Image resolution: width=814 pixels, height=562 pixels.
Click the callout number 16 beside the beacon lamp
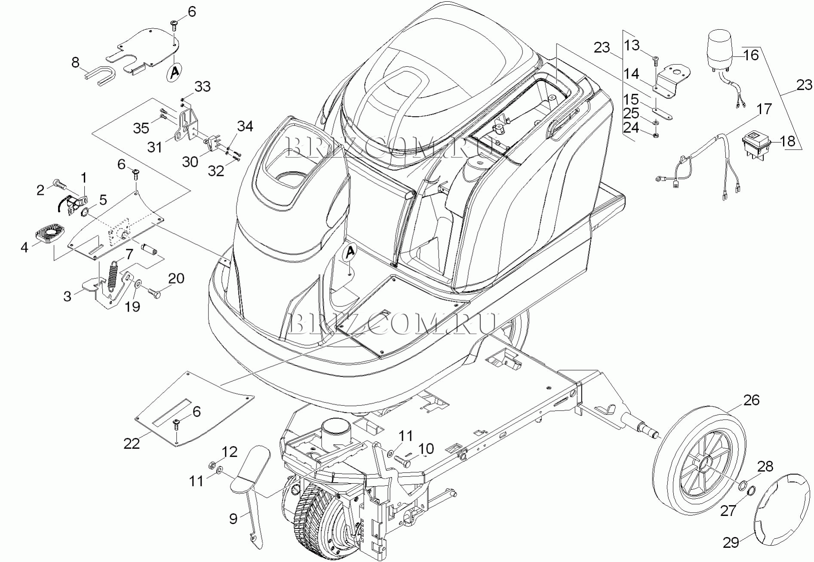pyautogui.click(x=751, y=55)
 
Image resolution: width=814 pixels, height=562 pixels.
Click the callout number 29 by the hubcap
pyautogui.click(x=731, y=543)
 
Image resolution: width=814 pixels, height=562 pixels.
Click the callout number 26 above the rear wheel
pyautogui.click(x=751, y=400)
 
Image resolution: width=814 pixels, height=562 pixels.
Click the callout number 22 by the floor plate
pyautogui.click(x=132, y=443)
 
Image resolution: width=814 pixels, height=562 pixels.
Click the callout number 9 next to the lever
pyautogui.click(x=233, y=519)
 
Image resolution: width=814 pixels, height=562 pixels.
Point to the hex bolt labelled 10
pyautogui.click(x=402, y=462)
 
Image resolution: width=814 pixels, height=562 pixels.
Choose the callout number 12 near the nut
pyautogui.click(x=230, y=452)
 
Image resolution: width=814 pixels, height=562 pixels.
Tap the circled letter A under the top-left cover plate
pyautogui.click(x=174, y=72)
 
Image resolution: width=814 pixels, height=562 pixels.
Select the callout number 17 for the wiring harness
pyautogui.click(x=764, y=109)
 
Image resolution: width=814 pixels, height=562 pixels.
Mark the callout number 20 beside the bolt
pyautogui.click(x=176, y=278)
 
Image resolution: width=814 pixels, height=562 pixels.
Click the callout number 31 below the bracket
pyautogui.click(x=155, y=147)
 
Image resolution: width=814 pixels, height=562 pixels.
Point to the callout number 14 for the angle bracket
pyautogui.click(x=631, y=74)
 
